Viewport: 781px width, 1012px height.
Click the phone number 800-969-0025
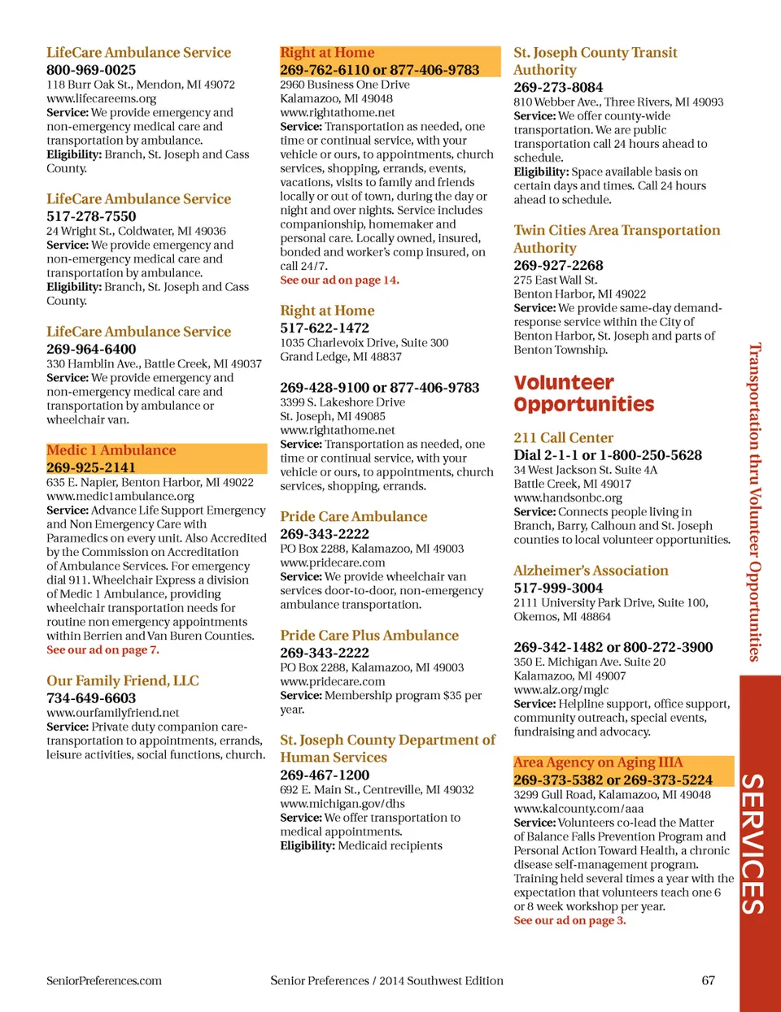(91, 70)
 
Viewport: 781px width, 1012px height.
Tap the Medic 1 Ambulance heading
(111, 450)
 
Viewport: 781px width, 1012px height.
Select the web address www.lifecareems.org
(101, 98)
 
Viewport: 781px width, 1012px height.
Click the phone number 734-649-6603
(91, 698)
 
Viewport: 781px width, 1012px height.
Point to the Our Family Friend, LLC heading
(122, 680)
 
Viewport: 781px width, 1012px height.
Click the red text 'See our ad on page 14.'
(339, 280)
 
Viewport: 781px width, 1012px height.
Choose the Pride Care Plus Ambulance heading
(369, 636)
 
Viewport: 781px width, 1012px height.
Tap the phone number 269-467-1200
(325, 775)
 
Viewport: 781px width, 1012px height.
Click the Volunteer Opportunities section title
(583, 393)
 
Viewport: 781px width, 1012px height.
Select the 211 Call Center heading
(563, 438)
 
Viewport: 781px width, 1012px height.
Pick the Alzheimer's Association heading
(591, 571)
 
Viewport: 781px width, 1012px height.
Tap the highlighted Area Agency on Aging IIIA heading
(598, 762)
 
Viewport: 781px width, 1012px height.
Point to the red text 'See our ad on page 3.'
(569, 921)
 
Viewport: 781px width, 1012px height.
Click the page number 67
(709, 981)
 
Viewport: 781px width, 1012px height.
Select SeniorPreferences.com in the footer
(104, 981)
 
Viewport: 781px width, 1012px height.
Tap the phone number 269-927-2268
(558, 266)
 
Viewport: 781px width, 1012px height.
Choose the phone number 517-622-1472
(325, 328)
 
